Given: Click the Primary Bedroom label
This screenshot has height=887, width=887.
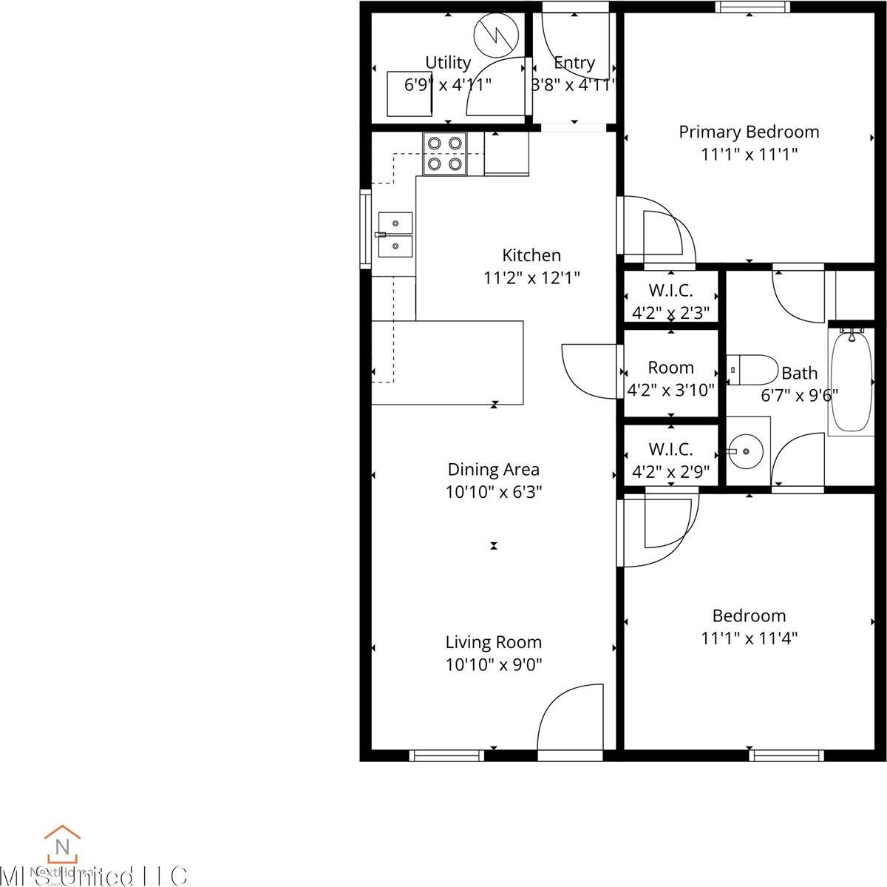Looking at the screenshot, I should click(x=749, y=132).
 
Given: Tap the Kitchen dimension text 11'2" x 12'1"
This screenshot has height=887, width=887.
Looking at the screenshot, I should click(x=531, y=278).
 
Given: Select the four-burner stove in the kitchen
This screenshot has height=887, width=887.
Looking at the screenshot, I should click(x=445, y=153).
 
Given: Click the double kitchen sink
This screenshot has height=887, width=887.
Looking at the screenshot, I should click(x=395, y=234).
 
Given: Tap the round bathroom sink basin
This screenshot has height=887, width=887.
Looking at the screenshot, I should click(x=745, y=450).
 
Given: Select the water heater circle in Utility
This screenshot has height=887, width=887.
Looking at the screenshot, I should click(x=493, y=34).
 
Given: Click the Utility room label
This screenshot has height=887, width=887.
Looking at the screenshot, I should click(x=448, y=62).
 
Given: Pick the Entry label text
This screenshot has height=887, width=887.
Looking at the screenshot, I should click(x=574, y=63).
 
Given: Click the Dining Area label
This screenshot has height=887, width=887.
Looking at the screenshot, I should click(x=494, y=469).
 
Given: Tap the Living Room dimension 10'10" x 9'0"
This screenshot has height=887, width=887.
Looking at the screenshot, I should click(x=494, y=664).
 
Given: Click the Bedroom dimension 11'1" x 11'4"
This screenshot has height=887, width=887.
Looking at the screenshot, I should click(x=749, y=638).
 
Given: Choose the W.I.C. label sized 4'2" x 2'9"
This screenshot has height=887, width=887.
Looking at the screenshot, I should click(x=670, y=449).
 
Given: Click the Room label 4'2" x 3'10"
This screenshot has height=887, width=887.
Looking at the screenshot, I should click(x=670, y=368).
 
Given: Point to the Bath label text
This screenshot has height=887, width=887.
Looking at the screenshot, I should click(x=799, y=373).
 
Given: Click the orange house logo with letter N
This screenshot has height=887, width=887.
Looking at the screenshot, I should click(x=62, y=844).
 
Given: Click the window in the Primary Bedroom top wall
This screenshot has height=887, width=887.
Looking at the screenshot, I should click(x=752, y=7).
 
